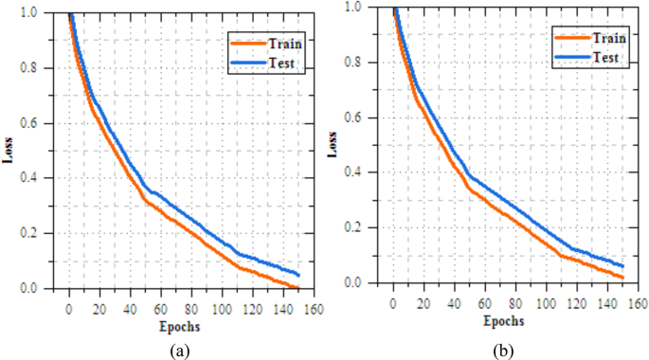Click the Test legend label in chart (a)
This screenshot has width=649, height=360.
click(x=281, y=63)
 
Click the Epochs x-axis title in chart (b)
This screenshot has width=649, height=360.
click(x=501, y=320)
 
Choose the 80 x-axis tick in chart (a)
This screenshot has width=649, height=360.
click(x=190, y=309)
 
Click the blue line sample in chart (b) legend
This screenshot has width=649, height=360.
click(x=570, y=58)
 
